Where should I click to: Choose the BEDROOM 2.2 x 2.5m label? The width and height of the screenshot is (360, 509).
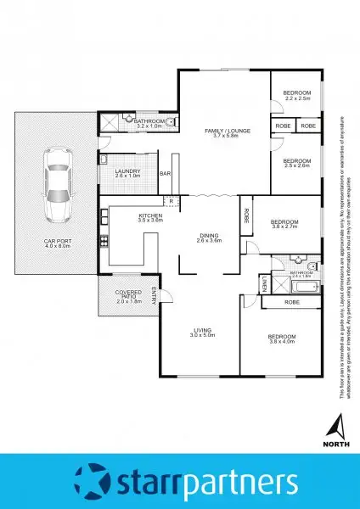tap(297, 94)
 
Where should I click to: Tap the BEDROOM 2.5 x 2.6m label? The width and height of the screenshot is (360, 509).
tap(297, 163)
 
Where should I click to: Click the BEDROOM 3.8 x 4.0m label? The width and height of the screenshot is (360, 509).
tap(280, 338)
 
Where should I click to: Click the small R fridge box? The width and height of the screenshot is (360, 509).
tap(172, 201)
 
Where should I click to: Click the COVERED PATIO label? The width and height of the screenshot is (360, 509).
tap(129, 297)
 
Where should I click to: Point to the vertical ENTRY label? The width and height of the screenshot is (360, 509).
tap(154, 295)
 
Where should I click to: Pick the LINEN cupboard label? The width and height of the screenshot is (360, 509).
tap(265, 282)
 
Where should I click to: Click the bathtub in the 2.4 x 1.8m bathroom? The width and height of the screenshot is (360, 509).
tap(294, 286)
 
